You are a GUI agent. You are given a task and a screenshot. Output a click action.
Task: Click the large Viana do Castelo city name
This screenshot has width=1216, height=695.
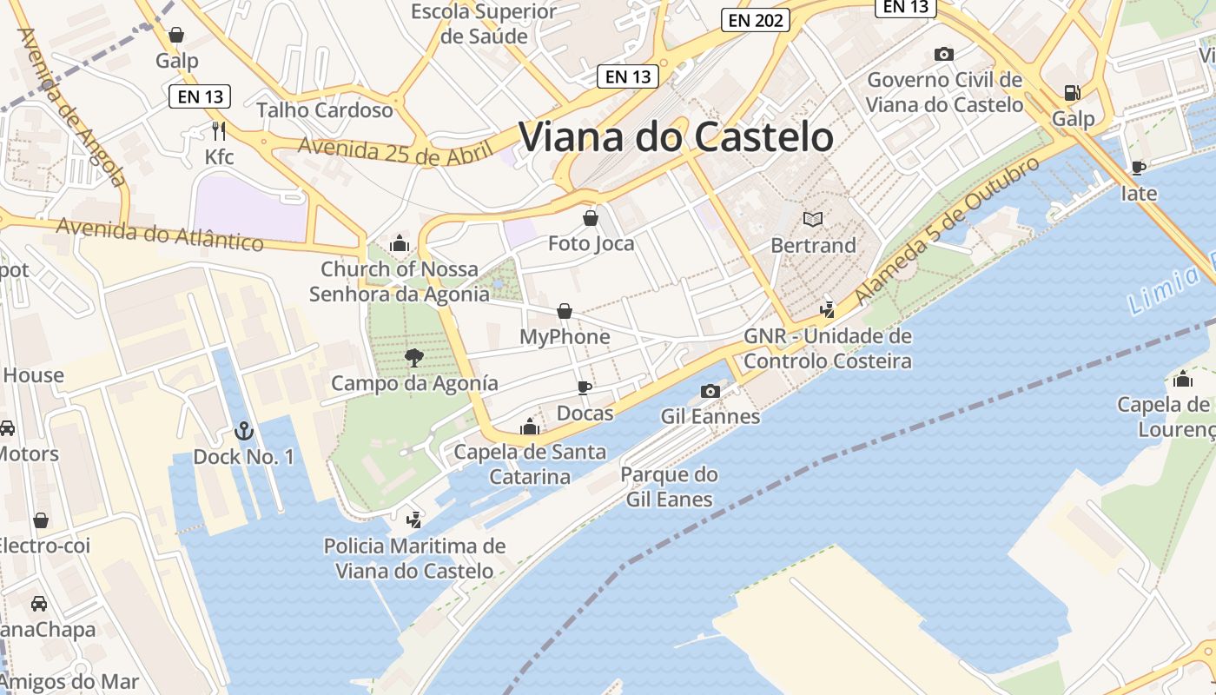[676, 137]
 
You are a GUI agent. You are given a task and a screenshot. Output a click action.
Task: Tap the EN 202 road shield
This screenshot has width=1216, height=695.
[755, 20]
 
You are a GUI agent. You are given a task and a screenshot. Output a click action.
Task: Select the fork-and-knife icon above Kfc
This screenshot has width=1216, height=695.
[219, 131]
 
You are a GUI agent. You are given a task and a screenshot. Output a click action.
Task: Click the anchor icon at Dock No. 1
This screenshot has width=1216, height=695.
[244, 430]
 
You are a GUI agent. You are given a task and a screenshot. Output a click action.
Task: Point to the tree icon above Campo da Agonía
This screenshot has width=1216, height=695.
[414, 357]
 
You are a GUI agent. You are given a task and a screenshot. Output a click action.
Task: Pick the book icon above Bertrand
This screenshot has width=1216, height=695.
[813, 219]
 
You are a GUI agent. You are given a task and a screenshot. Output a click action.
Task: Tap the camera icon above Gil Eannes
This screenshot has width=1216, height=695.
[710, 391]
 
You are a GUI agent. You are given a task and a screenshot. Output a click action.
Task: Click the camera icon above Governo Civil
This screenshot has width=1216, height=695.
[944, 54]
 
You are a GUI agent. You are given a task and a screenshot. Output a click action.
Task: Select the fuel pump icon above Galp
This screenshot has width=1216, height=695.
[1073, 92]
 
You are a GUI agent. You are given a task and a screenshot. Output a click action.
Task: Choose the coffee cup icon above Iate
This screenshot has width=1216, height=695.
[1139, 167]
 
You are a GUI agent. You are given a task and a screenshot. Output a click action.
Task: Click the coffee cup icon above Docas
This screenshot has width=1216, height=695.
[585, 387]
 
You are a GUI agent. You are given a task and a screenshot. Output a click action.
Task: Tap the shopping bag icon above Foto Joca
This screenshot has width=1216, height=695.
[591, 217]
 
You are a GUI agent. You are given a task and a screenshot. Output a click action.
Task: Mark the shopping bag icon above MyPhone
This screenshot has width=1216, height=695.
[565, 310]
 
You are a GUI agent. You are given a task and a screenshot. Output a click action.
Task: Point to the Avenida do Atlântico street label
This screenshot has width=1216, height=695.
[160, 233]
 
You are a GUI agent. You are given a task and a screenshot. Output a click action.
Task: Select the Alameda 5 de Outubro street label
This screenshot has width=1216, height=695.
[947, 230]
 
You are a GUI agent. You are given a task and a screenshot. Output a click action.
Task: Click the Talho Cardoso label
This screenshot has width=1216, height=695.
[325, 110]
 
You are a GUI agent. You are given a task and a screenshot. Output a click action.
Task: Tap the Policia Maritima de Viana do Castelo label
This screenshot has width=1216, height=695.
[414, 559]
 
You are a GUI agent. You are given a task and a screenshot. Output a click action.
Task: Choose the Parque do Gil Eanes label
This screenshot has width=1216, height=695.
[669, 486]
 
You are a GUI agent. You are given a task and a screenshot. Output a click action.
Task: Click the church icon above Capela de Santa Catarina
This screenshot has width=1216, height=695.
[530, 427]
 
